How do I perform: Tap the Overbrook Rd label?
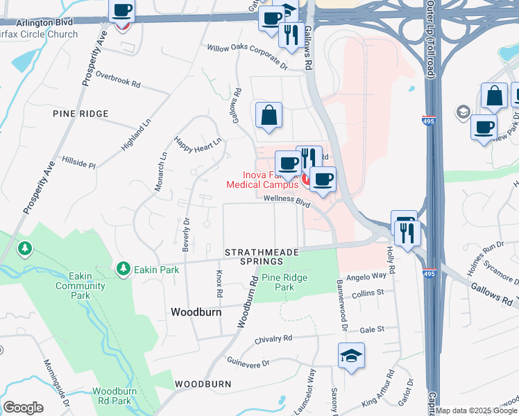[x=118, y=79]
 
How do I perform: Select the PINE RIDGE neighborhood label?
[x=80, y=113]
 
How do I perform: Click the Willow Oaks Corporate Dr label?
[x=248, y=56]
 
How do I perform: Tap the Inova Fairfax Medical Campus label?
[x=260, y=180]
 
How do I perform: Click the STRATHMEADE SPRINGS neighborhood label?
[x=253, y=257]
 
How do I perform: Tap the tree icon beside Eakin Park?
[x=123, y=268]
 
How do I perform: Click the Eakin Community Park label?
[x=80, y=286]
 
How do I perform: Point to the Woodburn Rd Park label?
[x=112, y=396]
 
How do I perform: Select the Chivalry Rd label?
[x=273, y=338]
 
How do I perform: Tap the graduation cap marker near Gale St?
[x=352, y=356]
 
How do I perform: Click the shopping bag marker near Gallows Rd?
[x=269, y=114]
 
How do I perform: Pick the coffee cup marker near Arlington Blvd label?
[x=122, y=10]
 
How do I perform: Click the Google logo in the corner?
[x=24, y=408]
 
